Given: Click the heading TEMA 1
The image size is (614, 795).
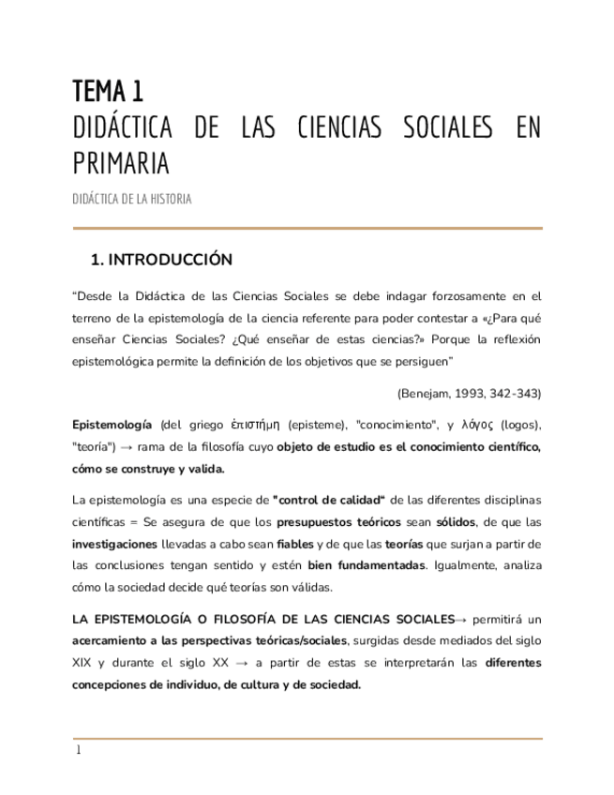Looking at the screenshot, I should (x=108, y=91).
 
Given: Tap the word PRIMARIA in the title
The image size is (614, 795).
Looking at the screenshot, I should (x=121, y=163).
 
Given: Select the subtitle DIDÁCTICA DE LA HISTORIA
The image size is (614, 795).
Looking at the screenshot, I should (x=132, y=201).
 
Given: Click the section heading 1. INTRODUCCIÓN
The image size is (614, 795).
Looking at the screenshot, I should (x=159, y=260).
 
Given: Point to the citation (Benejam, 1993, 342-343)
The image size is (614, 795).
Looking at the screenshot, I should (x=469, y=392).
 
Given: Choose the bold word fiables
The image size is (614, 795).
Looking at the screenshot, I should (x=295, y=545).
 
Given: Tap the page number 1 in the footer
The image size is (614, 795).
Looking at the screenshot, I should (x=79, y=750).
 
